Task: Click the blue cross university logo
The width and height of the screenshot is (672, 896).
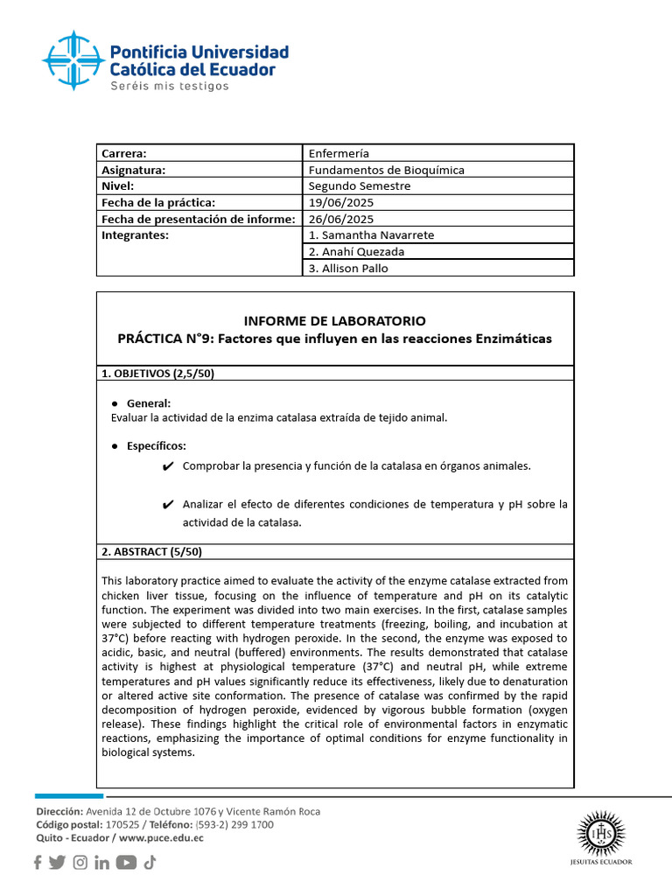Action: (x=73, y=59)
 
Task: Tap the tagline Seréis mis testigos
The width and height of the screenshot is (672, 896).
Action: (x=169, y=86)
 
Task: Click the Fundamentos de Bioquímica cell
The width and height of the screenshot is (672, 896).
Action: (x=386, y=170)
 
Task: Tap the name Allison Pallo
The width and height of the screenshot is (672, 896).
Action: (x=348, y=269)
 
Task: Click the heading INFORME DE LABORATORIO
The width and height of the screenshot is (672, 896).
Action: (x=335, y=321)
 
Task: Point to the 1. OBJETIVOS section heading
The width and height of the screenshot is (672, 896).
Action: (x=158, y=374)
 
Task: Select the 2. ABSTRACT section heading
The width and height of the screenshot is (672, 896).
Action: (x=152, y=552)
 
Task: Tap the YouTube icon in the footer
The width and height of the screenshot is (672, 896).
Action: (x=126, y=863)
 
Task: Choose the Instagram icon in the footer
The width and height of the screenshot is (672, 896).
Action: (x=80, y=863)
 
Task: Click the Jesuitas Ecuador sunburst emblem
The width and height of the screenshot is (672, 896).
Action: (x=602, y=835)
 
